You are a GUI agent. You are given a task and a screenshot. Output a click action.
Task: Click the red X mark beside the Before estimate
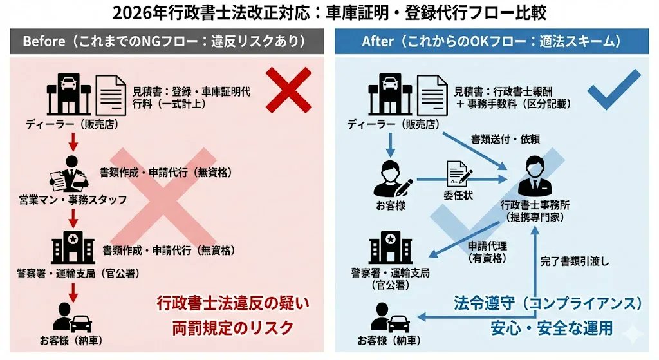(288, 90)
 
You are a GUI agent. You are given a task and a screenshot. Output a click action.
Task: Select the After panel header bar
(494, 41)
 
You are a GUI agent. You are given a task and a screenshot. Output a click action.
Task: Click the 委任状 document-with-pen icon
(459, 173)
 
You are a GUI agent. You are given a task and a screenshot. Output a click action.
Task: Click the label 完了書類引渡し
(575, 261)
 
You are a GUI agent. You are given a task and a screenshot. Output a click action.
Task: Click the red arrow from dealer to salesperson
(73, 141)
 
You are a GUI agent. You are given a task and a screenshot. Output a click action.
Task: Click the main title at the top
(329, 13)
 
